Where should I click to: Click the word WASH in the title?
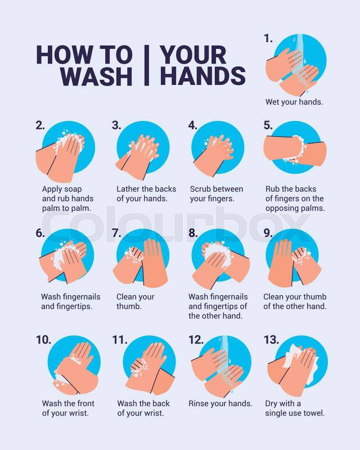pyautogui.click(x=96, y=76)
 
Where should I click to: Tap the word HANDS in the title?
pyautogui.click(x=203, y=76)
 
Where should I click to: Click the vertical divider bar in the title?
pyautogui.click(x=146, y=65)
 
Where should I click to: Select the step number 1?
pyautogui.click(x=268, y=38)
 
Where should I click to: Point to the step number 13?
pyautogui.click(x=271, y=340)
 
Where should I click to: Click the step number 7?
pyautogui.click(x=116, y=233)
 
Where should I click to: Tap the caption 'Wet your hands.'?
pyautogui.click(x=294, y=102)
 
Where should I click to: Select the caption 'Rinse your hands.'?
pyautogui.click(x=220, y=403)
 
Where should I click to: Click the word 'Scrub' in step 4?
pyautogui.click(x=201, y=189)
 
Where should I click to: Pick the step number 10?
pyautogui.click(x=43, y=340)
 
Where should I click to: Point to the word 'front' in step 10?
pyautogui.click(x=84, y=403)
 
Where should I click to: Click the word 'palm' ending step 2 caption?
pyautogui.click(x=82, y=208)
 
